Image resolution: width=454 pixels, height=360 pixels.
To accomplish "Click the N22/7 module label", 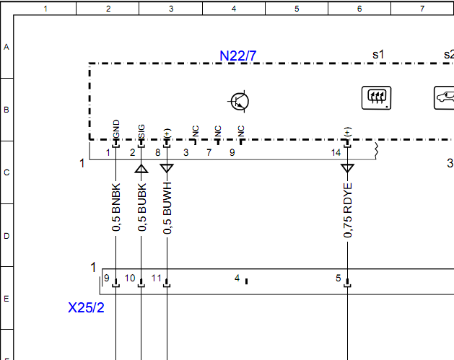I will coord(238,56).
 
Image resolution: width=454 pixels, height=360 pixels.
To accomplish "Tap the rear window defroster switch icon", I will coord(375,97).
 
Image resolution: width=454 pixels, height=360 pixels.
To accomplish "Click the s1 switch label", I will coord(378,54).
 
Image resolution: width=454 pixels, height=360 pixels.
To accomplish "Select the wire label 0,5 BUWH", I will coord(167,208).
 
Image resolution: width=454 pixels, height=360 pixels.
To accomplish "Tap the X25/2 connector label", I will coord(86,307).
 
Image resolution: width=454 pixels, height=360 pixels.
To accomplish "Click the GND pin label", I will coord(116,129).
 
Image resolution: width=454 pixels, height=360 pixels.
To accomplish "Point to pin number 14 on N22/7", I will coord(336,153).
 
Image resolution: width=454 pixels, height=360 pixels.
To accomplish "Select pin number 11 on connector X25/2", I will coord(156,278).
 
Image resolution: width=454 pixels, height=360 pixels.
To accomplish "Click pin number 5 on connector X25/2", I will coord(338,278).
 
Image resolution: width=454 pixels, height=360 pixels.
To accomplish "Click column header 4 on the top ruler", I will coord(234,8).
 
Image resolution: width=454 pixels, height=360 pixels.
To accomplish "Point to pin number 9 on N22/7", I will coord(232,153).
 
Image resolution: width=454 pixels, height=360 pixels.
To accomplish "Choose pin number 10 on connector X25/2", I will coord(130,278).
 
